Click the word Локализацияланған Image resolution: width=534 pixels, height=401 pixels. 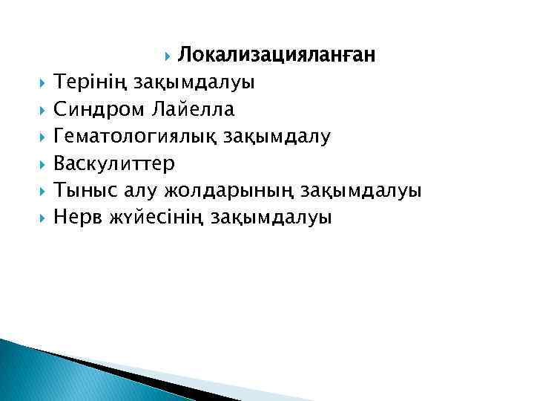pyautogui.click(x=277, y=55)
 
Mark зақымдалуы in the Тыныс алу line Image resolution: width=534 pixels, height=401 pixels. pyautogui.click(x=362, y=191)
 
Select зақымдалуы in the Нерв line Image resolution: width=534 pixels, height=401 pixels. pyautogui.click(x=271, y=218)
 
